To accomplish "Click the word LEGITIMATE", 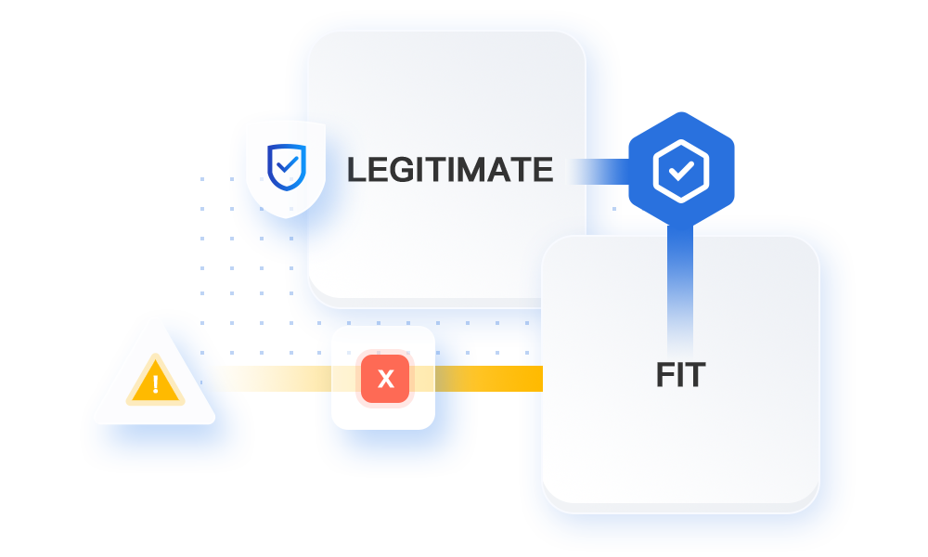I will click(x=449, y=170).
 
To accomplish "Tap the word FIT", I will click(x=680, y=375).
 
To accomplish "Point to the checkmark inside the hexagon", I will click(x=681, y=171).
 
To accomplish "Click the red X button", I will click(x=384, y=379).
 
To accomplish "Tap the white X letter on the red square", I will click(x=385, y=379).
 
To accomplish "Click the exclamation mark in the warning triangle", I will click(x=155, y=384).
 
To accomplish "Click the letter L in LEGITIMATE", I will click(x=355, y=170).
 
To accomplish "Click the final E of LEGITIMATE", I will click(x=543, y=170).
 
